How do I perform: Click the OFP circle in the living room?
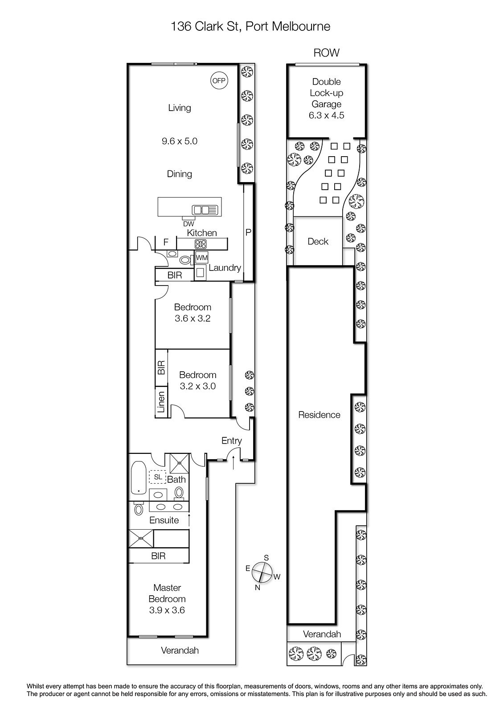click(219, 81)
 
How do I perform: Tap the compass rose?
click(262, 573)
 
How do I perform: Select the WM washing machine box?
click(201, 257)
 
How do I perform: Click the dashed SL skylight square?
click(158, 477)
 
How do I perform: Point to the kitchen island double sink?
click(205, 210)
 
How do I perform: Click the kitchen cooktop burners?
click(201, 244)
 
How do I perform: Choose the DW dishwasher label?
click(188, 224)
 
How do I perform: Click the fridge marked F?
click(166, 242)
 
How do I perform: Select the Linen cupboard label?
click(161, 402)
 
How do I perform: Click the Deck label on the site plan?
click(318, 241)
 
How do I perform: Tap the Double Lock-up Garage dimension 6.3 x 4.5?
click(326, 116)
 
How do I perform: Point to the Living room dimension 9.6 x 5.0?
click(180, 141)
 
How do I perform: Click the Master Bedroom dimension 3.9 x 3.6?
click(167, 610)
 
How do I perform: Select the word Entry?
click(231, 441)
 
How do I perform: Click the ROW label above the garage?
click(326, 53)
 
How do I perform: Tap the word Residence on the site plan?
click(319, 415)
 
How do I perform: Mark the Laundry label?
click(225, 268)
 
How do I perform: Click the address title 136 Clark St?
click(205, 26)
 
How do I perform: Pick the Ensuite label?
click(164, 520)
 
